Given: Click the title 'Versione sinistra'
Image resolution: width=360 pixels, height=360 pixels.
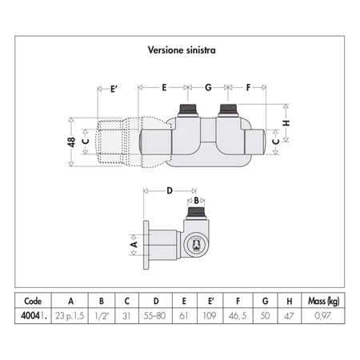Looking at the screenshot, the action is (x=182, y=50).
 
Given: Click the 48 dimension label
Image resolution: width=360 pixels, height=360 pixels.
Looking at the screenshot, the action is (x=71, y=142).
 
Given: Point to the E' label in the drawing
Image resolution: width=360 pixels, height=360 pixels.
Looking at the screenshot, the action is (x=114, y=89).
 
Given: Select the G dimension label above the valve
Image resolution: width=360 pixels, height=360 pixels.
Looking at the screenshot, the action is (x=208, y=87).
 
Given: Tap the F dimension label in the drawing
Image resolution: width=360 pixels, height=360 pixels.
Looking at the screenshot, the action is (x=248, y=87).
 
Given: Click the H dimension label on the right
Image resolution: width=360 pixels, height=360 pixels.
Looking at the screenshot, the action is (x=286, y=123).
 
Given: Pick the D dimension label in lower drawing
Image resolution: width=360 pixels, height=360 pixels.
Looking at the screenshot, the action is (x=170, y=190).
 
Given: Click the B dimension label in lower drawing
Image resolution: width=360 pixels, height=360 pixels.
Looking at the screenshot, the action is (x=196, y=200).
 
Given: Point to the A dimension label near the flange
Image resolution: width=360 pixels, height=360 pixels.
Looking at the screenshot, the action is (x=134, y=244).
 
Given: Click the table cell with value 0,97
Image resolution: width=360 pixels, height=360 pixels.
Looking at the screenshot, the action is (x=322, y=316).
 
